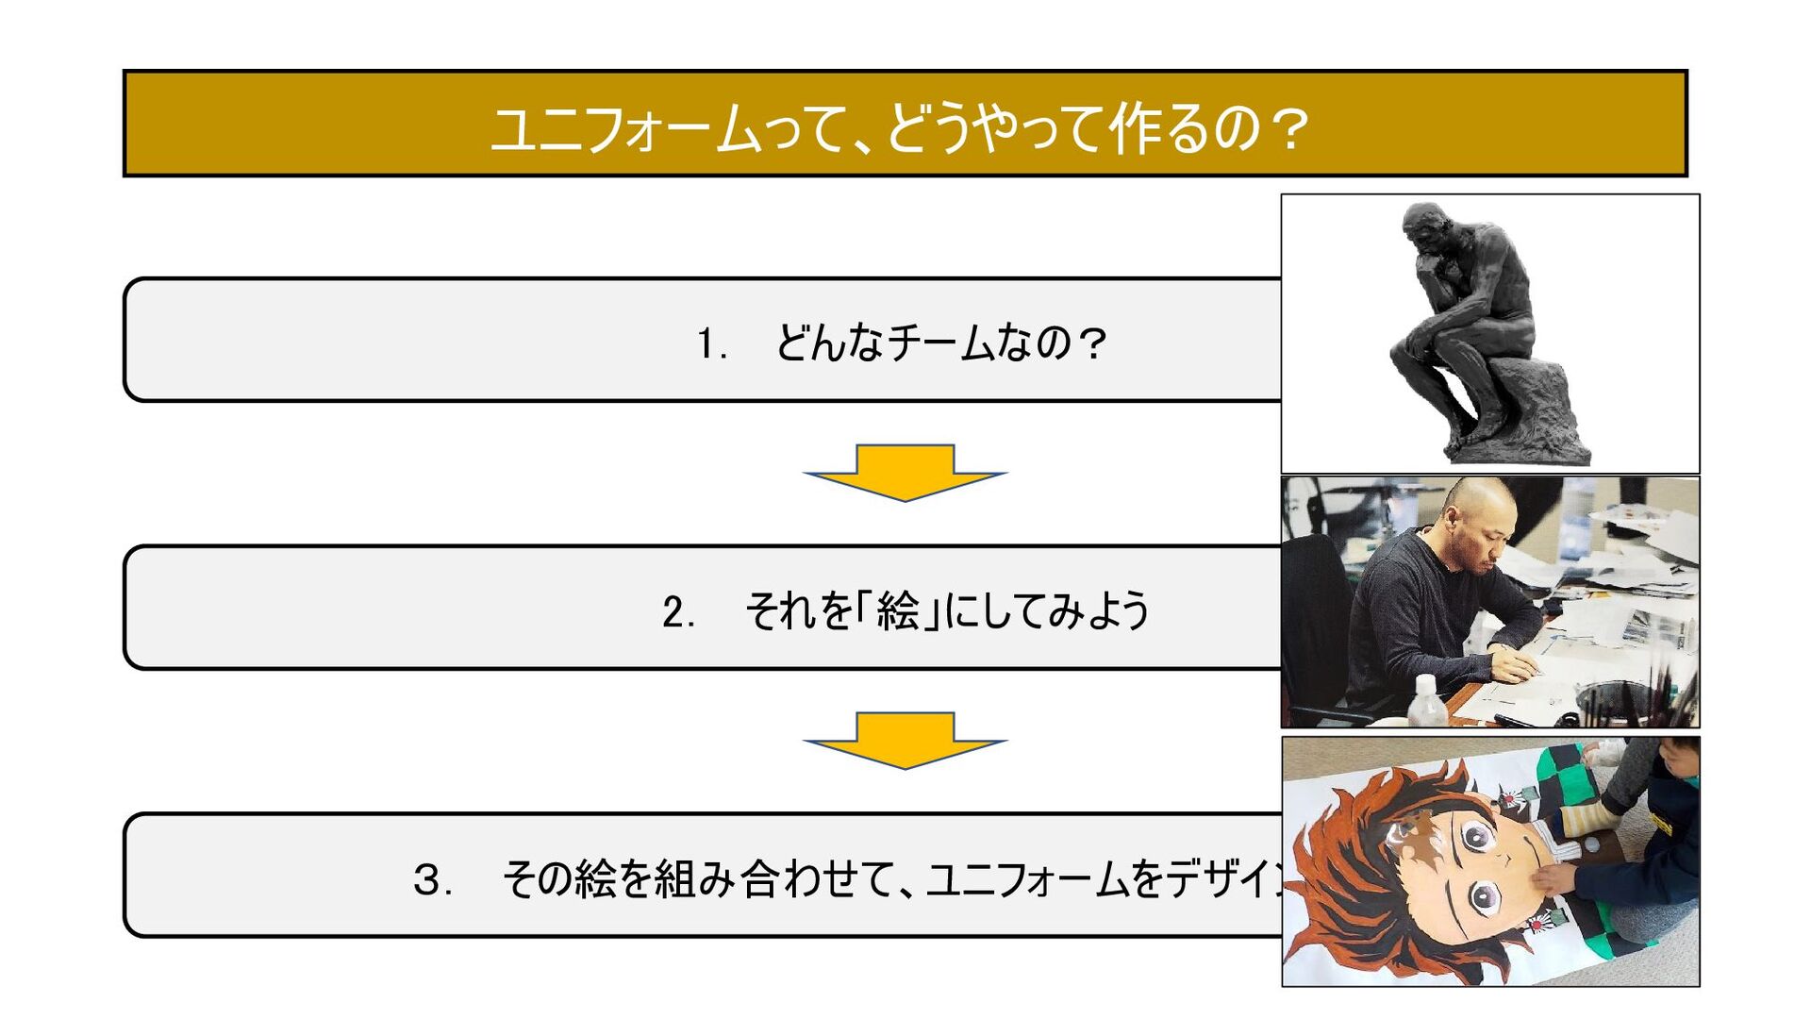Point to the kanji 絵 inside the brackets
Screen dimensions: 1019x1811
click(897, 611)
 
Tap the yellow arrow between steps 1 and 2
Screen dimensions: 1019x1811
click(905, 472)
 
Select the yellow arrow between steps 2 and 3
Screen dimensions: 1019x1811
click(905, 740)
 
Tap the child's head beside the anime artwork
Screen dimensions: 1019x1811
click(1679, 755)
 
